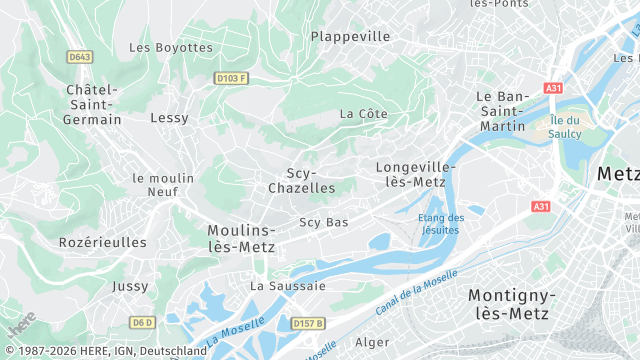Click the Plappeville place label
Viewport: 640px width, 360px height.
350,36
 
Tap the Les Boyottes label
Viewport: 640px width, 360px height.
171,47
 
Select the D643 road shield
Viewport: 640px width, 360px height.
80,57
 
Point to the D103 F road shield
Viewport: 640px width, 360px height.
230,77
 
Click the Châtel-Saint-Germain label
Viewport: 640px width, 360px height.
94,105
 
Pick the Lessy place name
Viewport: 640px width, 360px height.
169,118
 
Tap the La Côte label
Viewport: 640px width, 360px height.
363,114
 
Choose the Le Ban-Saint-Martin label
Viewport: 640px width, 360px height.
502,111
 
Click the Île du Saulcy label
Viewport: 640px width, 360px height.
571,127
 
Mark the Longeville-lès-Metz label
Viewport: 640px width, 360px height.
416,174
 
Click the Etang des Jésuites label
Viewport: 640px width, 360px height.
440,224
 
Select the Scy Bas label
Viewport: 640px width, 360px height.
324,222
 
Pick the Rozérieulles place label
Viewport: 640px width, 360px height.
102,242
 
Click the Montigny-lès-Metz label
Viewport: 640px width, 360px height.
511,304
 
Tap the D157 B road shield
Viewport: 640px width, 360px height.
309,323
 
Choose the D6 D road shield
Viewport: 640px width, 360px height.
143,322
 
